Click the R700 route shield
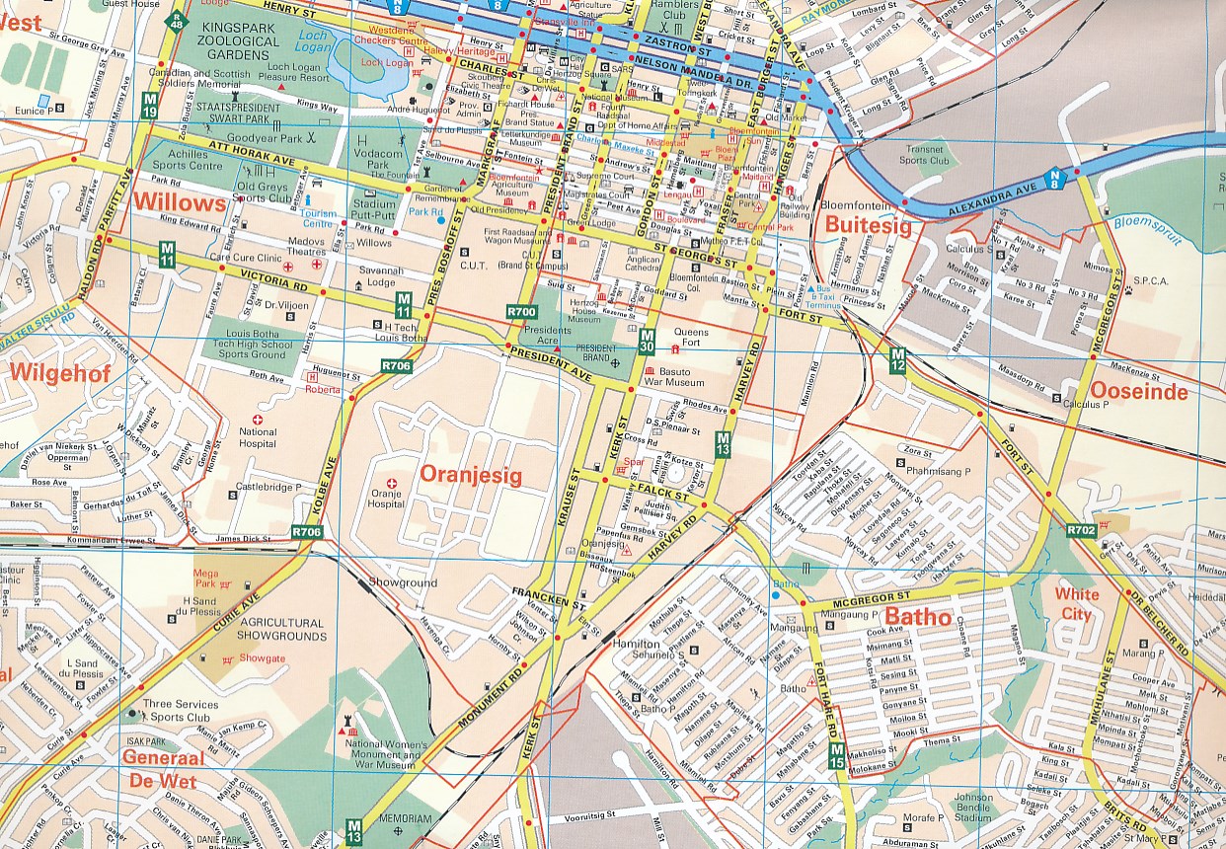click(x=521, y=312)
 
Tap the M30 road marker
click(x=648, y=341)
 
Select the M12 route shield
click(x=897, y=360)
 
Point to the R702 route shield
click(x=1081, y=531)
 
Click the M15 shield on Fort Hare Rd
click(x=835, y=757)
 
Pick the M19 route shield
click(x=149, y=106)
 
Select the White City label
click(x=1076, y=604)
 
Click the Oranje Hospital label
click(x=387, y=498)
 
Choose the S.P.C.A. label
click(x=1151, y=281)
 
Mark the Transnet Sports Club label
click(x=924, y=155)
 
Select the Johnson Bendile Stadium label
click(x=973, y=808)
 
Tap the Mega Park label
click(x=206, y=578)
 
